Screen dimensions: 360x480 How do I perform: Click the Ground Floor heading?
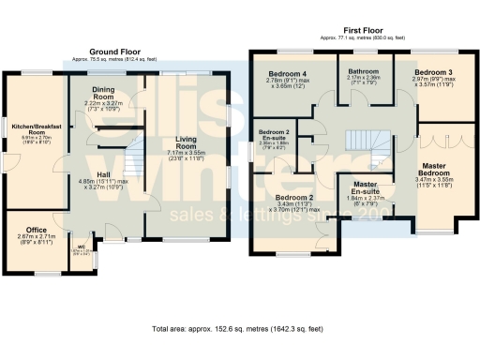click(x=115, y=52)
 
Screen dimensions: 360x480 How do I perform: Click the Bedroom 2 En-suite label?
click(x=275, y=136)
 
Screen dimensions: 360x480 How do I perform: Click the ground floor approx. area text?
click(x=115, y=59)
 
